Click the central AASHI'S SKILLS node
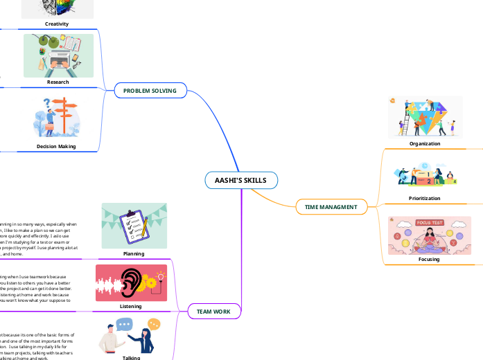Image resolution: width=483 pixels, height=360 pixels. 241,181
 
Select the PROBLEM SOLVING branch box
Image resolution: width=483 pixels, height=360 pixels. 150,91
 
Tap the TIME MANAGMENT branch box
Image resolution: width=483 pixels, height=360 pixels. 331,206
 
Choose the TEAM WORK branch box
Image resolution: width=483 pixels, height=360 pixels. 214,312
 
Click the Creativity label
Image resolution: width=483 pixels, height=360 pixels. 58,24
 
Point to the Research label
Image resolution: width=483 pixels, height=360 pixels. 58,82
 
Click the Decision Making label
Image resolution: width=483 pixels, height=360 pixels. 58,147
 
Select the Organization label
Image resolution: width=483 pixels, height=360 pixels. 425,143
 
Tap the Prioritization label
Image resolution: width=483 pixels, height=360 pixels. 425,198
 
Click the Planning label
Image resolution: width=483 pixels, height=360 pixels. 134,254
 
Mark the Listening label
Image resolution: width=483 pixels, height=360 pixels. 131,306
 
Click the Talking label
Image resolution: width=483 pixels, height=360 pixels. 131,357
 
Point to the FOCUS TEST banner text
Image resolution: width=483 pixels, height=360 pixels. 430,223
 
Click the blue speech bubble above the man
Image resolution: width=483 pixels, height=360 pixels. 125,324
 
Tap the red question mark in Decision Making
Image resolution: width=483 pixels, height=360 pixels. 48,105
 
